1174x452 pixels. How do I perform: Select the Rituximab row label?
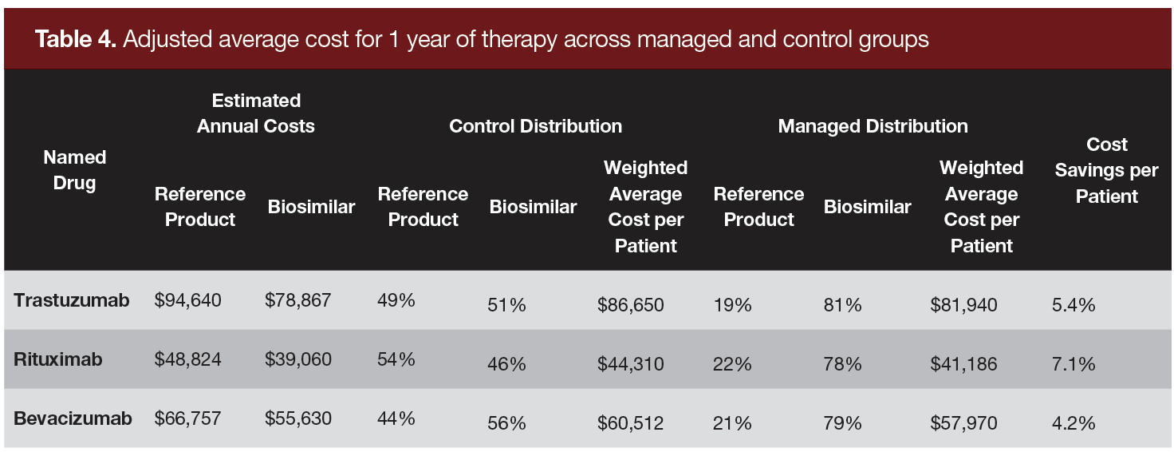pyautogui.click(x=58, y=359)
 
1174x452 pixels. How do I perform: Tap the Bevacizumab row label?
pyautogui.click(x=73, y=418)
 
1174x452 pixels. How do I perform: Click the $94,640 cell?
pyautogui.click(x=188, y=301)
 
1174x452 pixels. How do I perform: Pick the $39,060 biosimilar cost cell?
pyautogui.click(x=298, y=359)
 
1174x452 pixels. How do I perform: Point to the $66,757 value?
pyautogui.click(x=188, y=418)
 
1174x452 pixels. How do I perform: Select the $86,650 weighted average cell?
pyautogui.click(x=630, y=305)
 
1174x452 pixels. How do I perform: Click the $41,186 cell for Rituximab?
pyautogui.click(x=963, y=364)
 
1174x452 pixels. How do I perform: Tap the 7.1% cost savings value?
pyautogui.click(x=1074, y=364)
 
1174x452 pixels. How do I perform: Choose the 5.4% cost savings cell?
pyautogui.click(x=1074, y=305)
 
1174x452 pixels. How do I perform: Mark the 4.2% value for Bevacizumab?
pyautogui.click(x=1074, y=422)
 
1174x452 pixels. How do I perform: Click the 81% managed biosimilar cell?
pyautogui.click(x=842, y=305)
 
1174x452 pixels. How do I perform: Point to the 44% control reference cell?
pyautogui.click(x=396, y=418)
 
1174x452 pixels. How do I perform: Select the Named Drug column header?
pyautogui.click(x=74, y=170)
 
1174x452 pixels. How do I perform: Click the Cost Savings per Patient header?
pyautogui.click(x=1107, y=170)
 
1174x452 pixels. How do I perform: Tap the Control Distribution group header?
pyautogui.click(x=535, y=126)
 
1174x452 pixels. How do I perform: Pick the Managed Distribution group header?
pyautogui.click(x=873, y=126)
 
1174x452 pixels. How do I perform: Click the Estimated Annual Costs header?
pyautogui.click(x=256, y=113)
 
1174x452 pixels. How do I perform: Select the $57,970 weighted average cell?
pyautogui.click(x=963, y=422)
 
